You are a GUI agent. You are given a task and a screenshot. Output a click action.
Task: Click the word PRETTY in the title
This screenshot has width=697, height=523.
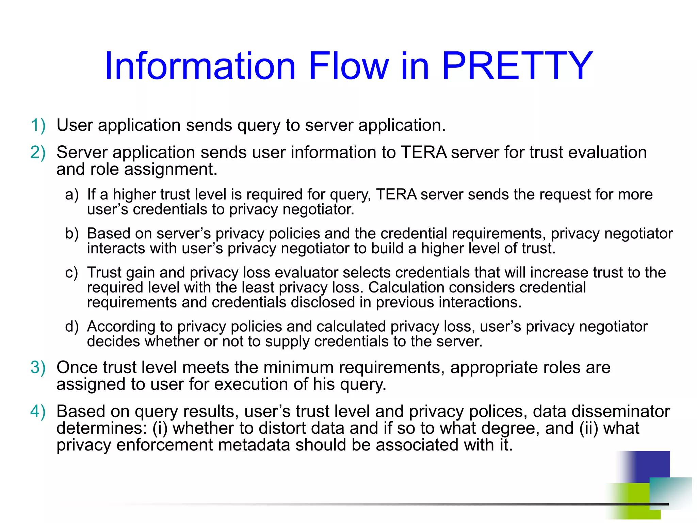[517, 65]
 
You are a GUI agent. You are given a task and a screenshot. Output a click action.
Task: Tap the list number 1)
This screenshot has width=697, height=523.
[38, 125]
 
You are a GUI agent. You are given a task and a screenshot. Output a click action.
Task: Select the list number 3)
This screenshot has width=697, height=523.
[38, 367]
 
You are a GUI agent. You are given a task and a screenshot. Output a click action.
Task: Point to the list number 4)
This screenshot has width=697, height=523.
[38, 411]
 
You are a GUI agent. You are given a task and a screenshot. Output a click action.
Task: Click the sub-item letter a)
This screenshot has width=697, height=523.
[72, 194]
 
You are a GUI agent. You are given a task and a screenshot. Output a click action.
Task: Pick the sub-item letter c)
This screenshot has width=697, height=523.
[71, 272]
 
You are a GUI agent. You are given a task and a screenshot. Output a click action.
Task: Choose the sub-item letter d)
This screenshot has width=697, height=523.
[72, 327]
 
